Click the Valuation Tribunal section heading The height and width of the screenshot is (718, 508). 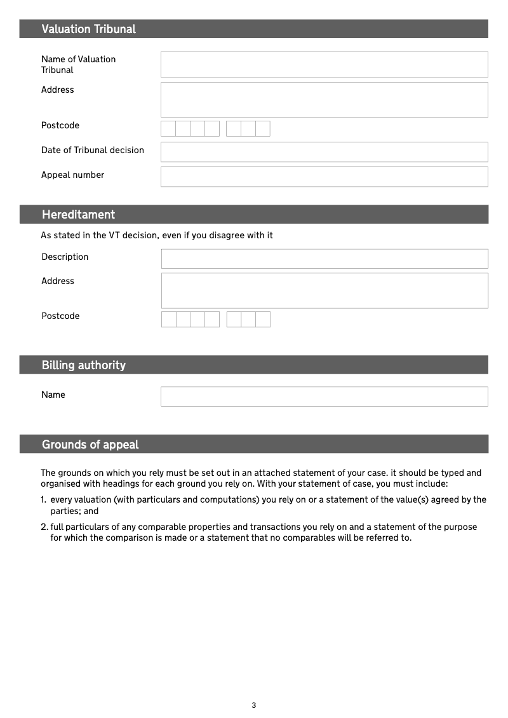(88, 29)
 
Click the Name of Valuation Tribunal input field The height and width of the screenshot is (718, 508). (324, 64)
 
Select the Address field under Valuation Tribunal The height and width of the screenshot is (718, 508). (324, 100)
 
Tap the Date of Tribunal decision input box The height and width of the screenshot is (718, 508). (324, 152)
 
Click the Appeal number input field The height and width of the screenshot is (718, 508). (324, 177)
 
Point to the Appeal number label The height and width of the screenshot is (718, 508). (72, 175)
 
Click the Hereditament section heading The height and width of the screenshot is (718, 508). (78, 215)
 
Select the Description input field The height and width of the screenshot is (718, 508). (324, 259)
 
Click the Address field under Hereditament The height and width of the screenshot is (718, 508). (324, 290)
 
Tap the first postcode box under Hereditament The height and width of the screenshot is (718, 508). (169, 319)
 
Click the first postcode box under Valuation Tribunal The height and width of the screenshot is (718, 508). (168, 128)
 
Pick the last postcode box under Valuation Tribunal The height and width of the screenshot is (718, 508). (263, 128)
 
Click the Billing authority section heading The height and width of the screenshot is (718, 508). (83, 365)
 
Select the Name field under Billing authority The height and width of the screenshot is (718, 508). (324, 396)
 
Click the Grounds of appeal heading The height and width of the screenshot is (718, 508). (90, 445)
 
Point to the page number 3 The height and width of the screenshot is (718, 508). (254, 705)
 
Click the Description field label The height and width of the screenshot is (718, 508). (65, 257)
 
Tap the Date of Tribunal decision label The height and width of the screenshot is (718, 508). (92, 150)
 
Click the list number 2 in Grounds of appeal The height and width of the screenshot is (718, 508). (44, 527)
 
